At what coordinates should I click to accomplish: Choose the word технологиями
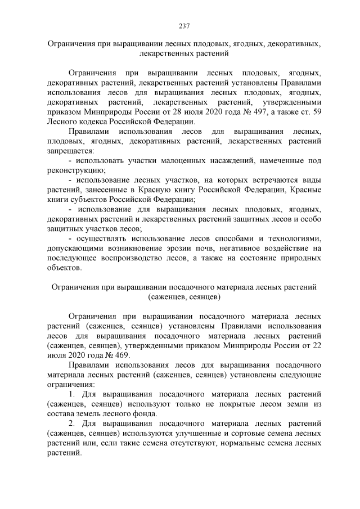[x=294, y=238]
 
